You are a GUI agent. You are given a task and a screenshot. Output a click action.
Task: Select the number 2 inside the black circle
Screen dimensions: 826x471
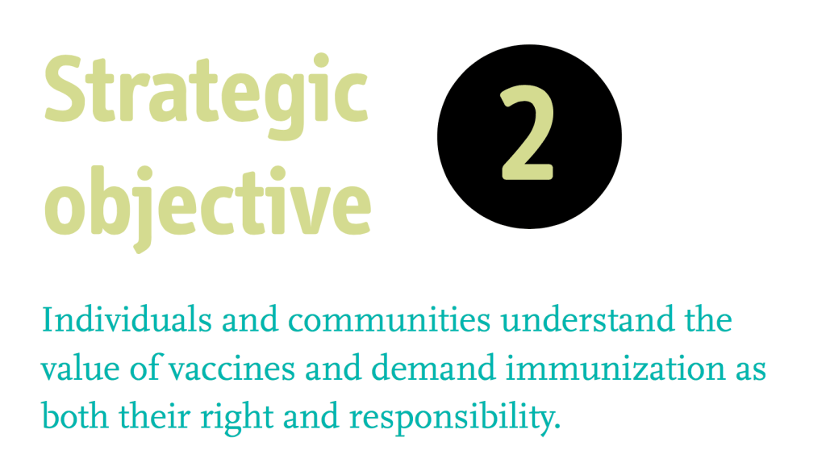[528, 133]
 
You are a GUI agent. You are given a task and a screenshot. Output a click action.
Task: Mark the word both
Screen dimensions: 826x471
[75, 415]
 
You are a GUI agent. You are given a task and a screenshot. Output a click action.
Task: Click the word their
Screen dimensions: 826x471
[154, 415]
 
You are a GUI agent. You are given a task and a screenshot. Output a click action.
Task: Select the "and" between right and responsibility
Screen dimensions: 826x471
[311, 415]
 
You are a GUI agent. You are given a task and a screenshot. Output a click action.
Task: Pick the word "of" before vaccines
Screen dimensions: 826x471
[145, 368]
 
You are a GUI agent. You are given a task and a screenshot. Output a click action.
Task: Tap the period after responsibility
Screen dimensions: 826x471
[558, 427]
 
